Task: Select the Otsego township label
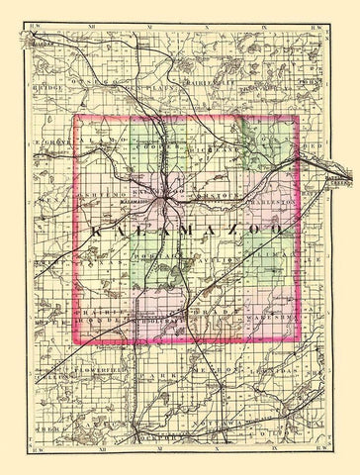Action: [109, 91]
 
